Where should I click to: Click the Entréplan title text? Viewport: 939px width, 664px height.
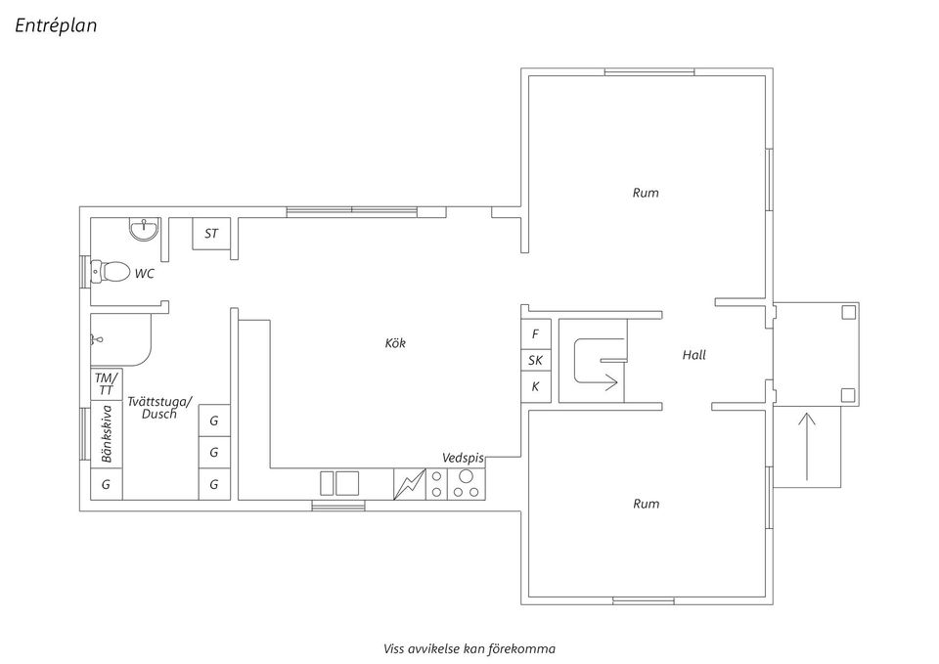(56, 26)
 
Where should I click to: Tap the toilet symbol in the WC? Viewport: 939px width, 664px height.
(110, 271)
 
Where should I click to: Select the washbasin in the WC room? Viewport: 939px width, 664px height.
(145, 230)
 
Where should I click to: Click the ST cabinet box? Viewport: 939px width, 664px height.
(210, 234)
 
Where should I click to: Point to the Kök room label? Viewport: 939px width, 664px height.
(395, 343)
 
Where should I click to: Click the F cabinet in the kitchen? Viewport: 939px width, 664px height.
(535, 334)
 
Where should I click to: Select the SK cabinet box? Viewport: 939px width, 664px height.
(535, 361)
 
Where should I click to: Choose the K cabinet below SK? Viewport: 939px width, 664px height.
(535, 387)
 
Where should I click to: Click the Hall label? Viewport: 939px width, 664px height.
(693, 355)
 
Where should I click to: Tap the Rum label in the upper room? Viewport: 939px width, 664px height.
(646, 193)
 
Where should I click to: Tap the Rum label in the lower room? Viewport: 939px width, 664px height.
(646, 504)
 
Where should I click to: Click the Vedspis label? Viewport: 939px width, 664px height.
(464, 458)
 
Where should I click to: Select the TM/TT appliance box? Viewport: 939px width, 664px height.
(106, 383)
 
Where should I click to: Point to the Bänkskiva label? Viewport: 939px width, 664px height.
(107, 435)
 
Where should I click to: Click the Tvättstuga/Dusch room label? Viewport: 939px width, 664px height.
(159, 408)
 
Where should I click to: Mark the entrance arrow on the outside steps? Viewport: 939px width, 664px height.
(807, 447)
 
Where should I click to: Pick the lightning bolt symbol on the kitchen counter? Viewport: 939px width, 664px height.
(409, 484)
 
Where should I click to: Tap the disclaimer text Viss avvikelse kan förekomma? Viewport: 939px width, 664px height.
(469, 648)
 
